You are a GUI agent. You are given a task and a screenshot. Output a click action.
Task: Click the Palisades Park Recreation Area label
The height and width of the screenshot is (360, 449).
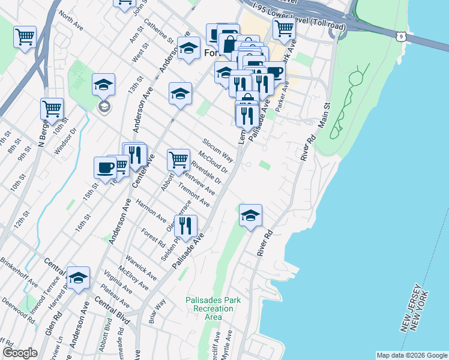[209, 308]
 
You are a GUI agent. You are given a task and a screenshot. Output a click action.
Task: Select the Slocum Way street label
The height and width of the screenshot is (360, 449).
[217, 149]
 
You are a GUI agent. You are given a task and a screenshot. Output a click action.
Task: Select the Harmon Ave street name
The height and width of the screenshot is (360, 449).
[151, 211]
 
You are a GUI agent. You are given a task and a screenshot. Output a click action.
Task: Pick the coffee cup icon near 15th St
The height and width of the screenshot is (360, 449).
[105, 167]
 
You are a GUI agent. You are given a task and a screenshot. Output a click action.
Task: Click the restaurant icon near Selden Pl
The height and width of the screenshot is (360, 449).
[185, 226]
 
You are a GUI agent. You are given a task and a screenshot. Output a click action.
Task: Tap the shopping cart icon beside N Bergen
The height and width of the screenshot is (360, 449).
[52, 109]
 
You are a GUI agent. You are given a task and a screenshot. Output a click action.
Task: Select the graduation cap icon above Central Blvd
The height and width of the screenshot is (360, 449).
[78, 278]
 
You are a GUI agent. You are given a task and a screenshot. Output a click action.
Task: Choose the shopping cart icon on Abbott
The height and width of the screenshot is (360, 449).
[178, 160]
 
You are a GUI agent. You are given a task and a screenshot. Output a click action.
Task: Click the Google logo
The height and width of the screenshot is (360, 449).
[20, 353]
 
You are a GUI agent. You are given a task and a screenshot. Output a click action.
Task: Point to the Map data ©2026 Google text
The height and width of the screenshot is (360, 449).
[411, 355]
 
